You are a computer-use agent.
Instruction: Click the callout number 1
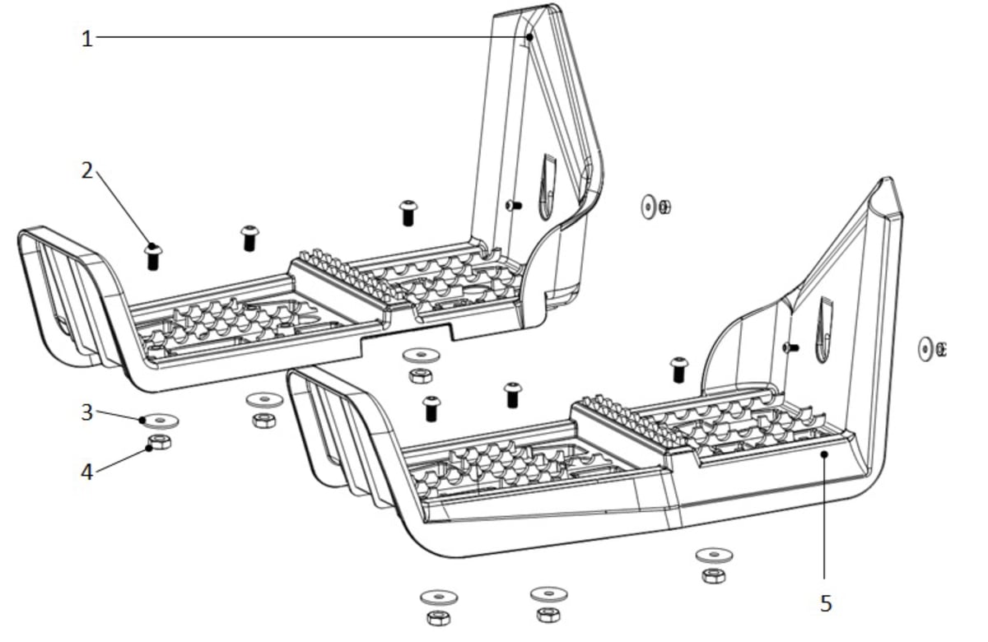(x=87, y=38)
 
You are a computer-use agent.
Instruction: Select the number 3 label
(x=87, y=412)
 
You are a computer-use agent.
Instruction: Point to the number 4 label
(x=87, y=472)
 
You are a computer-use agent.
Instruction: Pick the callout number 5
(x=826, y=603)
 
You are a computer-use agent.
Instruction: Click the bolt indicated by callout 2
(x=153, y=256)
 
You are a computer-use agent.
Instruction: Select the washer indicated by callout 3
(x=161, y=421)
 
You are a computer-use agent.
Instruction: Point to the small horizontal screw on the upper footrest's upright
(x=513, y=205)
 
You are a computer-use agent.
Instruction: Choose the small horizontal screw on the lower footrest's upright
(x=790, y=347)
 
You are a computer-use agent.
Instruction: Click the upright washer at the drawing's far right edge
(x=925, y=349)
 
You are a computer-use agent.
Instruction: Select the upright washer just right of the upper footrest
(x=649, y=206)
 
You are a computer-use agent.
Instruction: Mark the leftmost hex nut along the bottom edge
(x=438, y=617)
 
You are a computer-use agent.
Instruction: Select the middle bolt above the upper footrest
(x=249, y=238)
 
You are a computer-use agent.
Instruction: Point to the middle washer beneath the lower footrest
(x=548, y=593)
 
